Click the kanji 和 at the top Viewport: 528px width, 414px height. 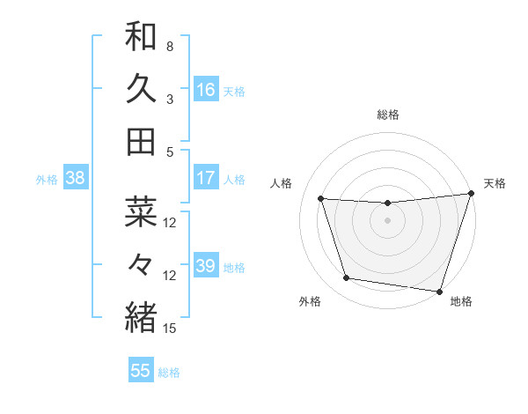click(x=141, y=37)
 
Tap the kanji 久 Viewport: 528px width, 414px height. click(x=141, y=89)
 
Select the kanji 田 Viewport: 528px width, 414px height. click(x=141, y=141)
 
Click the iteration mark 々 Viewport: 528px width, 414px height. click(x=141, y=264)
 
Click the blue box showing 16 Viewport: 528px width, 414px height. click(x=205, y=90)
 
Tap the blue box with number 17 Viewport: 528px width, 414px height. click(x=205, y=178)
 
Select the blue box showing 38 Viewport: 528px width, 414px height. click(x=75, y=178)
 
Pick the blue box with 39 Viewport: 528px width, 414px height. click(x=205, y=266)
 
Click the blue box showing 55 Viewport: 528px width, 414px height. click(x=141, y=371)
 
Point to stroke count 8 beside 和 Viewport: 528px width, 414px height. click(x=170, y=46)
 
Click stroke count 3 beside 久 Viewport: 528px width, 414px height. click(x=170, y=99)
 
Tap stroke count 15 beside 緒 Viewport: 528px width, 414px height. click(x=171, y=329)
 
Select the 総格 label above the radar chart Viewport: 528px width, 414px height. click(x=388, y=115)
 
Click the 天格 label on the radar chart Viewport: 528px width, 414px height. click(x=495, y=183)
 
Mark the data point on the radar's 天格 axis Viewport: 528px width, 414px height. click(x=471, y=194)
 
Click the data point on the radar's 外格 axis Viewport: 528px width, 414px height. click(x=347, y=278)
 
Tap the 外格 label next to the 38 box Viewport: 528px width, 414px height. click(x=47, y=179)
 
